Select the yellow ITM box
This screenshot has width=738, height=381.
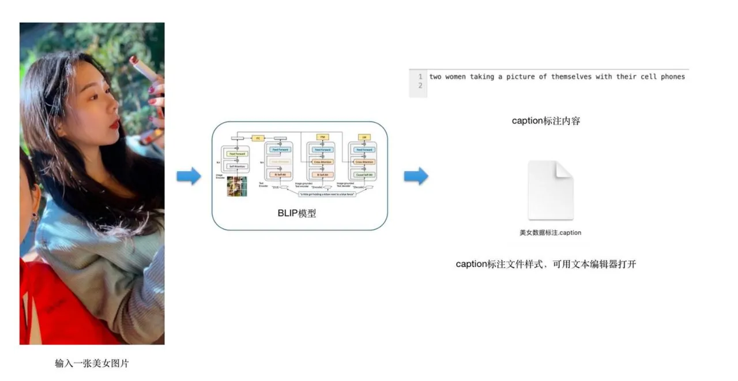(322, 137)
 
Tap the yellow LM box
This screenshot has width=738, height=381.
(364, 137)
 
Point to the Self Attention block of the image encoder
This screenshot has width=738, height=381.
(237, 167)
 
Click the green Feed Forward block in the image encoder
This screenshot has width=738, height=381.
(237, 154)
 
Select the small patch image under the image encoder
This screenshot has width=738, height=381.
(237, 187)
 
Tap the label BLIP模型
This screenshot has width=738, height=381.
(297, 214)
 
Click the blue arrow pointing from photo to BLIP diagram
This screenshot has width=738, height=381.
(189, 176)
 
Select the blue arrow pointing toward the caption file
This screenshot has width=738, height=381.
(416, 176)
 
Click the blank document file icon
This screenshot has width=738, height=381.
(551, 190)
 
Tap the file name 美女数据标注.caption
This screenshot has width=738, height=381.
(550, 233)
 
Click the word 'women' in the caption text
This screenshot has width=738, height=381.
(455, 77)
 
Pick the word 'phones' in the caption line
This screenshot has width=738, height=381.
(673, 77)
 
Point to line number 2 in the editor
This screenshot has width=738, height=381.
(420, 86)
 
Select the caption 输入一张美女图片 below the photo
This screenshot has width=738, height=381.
(92, 364)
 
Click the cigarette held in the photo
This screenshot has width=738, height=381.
(144, 69)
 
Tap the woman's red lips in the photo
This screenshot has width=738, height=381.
(116, 123)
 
